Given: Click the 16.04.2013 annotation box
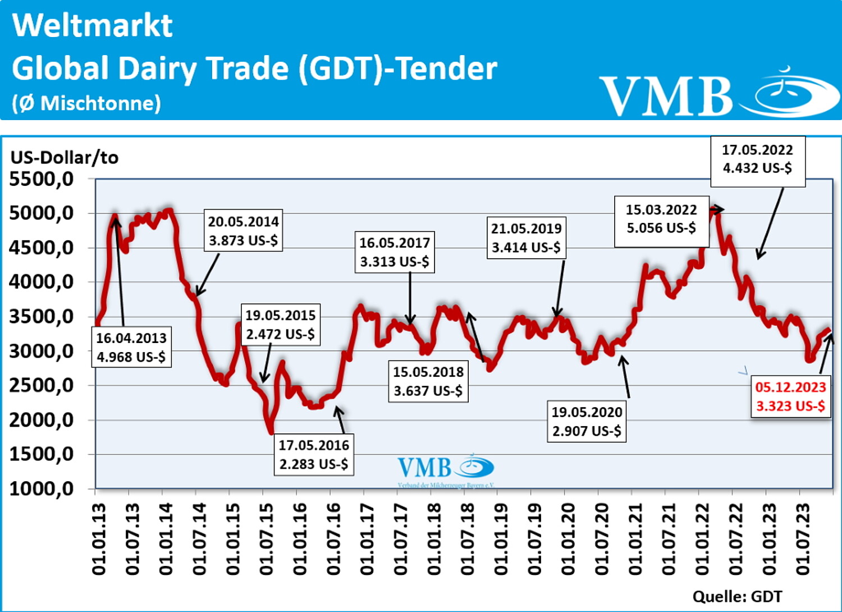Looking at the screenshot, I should coord(131,348).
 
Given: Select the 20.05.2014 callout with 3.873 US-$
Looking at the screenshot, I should coord(243,231).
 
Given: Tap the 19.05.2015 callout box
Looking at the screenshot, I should coord(280,325).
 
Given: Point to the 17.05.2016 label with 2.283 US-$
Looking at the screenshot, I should coord(314,455).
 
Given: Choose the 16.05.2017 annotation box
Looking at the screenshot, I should coord(394,252).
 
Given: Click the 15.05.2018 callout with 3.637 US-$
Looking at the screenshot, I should coord(428,381).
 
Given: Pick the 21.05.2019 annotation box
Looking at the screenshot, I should coord(526,238).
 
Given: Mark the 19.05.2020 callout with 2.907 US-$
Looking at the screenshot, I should coord(587,422).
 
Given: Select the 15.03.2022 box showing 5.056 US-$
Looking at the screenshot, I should coord(661,219).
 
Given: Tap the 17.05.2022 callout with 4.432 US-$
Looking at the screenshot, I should coord(757,159).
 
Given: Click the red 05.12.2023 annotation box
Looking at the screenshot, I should coord(790,396).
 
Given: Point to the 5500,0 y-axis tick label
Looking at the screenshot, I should coord(42,179).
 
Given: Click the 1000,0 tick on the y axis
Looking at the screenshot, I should coord(42,488).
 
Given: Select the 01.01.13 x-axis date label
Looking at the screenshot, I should coord(99,539).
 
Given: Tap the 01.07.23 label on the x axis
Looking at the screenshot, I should coord(803,539).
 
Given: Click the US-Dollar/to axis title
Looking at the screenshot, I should coord(65,157).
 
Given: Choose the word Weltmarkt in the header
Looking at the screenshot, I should coord(93,25).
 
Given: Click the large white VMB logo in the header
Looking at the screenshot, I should coord(719,94).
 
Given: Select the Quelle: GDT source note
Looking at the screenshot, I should coord(737,596).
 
